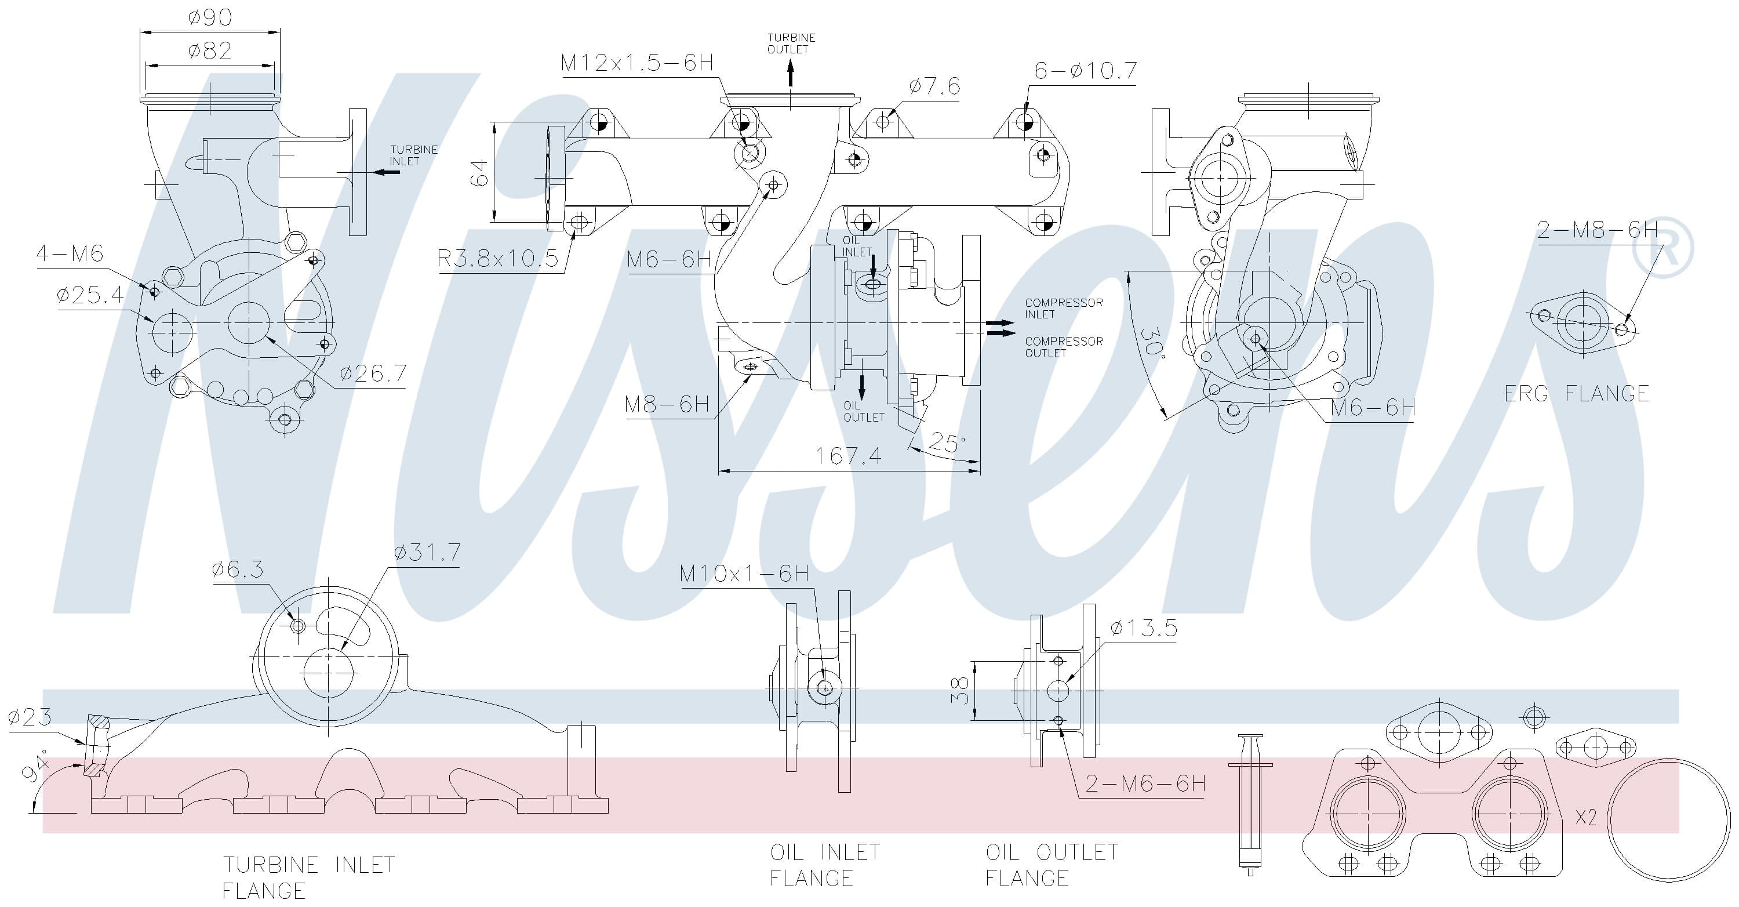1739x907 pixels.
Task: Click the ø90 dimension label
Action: pos(210,17)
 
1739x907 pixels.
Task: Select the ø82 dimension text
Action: pos(210,50)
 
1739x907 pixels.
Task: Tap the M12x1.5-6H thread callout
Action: pos(636,63)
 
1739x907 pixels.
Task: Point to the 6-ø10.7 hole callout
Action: pos(1086,70)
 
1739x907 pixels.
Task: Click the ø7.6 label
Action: pos(934,86)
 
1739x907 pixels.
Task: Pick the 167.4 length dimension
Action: pos(848,456)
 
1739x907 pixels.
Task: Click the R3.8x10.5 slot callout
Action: pos(497,258)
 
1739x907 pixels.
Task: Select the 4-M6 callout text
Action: pos(70,254)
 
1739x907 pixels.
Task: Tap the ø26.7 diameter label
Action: pos(373,373)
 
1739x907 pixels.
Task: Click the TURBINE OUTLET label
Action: pos(791,43)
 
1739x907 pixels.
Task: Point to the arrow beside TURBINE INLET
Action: pos(386,172)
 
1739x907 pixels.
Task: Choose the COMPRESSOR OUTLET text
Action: pos(1063,347)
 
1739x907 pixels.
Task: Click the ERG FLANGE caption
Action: pos(1577,393)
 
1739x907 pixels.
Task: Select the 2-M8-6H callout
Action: pos(1597,230)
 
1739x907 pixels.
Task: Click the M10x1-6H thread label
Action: pos(744,574)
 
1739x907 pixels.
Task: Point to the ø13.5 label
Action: pos(1144,628)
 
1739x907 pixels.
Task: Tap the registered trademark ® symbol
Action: pos(1662,247)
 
